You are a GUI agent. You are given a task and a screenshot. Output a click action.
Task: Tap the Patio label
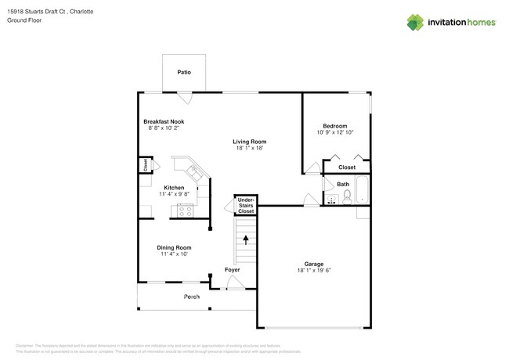[x=184, y=71]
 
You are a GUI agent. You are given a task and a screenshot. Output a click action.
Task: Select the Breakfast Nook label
[x=164, y=121]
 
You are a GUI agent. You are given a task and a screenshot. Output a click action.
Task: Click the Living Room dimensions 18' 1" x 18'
[x=250, y=148]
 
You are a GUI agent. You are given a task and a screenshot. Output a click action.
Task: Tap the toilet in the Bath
[x=348, y=196]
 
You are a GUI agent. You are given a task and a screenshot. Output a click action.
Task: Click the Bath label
[x=343, y=184]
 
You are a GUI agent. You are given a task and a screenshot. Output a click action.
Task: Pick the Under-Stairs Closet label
[x=246, y=205]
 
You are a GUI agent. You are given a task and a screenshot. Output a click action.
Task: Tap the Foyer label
[x=233, y=269]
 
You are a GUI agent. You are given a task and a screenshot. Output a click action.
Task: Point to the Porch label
[x=192, y=297]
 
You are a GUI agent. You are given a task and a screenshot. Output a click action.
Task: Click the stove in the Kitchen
[x=186, y=209]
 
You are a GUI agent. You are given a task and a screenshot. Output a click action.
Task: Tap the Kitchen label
[x=174, y=188]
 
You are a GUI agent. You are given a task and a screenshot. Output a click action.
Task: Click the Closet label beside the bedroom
[x=346, y=167]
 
